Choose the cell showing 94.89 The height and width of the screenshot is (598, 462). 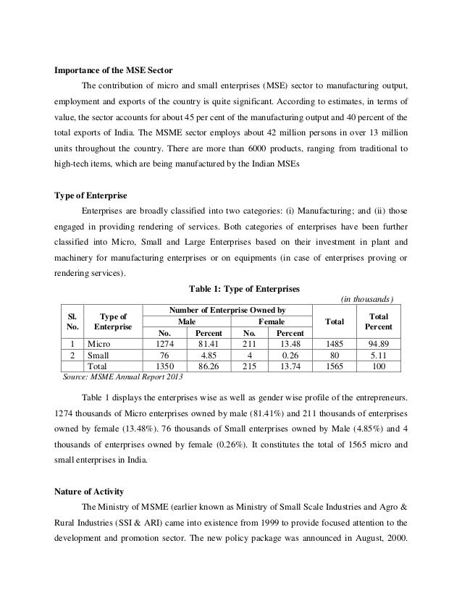click(x=377, y=343)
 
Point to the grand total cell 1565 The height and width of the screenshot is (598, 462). click(x=335, y=367)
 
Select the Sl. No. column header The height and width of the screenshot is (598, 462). click(x=72, y=321)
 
